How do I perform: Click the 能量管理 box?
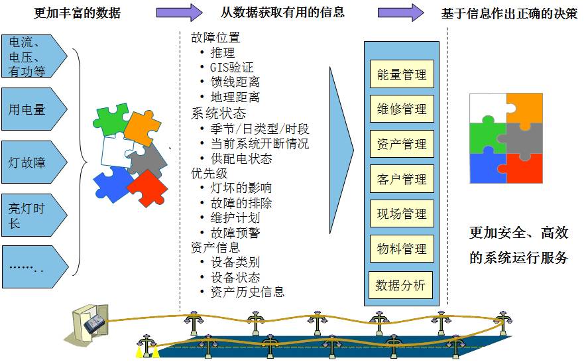pos(401,74)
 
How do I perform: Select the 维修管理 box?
pos(401,109)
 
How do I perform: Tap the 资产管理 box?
pos(401,144)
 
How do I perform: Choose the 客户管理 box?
pos(401,179)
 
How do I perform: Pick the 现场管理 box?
pos(401,214)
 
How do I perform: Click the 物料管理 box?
pos(401,249)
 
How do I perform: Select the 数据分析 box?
pos(400,285)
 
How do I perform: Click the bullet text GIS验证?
pos(232,67)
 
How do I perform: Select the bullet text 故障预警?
pos(235,233)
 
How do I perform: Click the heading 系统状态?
pos(218,113)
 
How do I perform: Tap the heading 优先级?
pos(209,172)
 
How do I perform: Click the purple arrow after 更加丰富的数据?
pos(179,12)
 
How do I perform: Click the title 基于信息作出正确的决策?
pos(509,13)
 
